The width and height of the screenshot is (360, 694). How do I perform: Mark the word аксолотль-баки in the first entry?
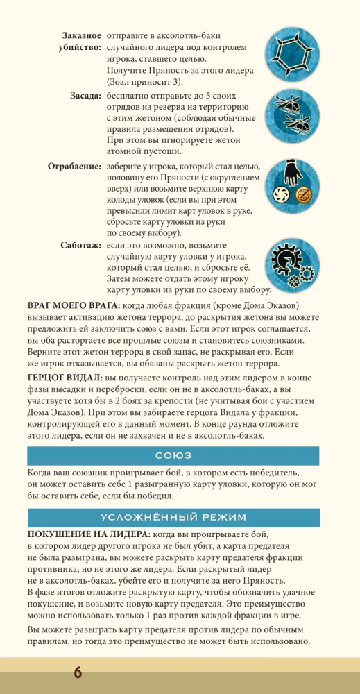pyautogui.click(x=189, y=35)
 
